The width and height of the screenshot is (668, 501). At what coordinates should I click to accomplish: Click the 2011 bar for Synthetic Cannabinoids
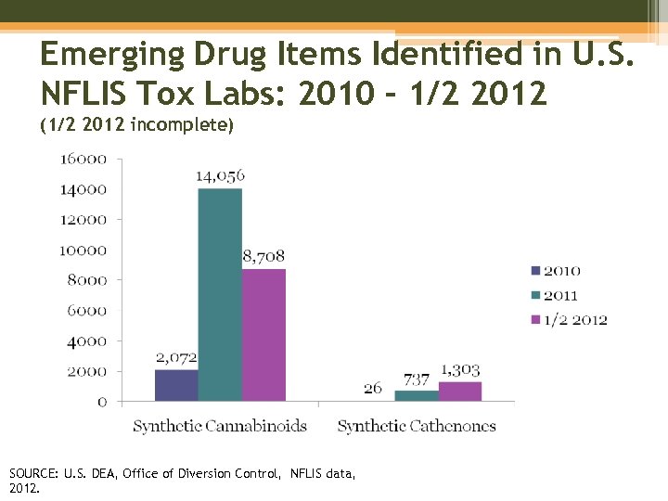[220, 294]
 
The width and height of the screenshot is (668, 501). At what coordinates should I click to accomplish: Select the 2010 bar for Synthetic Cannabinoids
[176, 385]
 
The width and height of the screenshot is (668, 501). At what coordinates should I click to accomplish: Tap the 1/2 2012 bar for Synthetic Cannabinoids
[263, 335]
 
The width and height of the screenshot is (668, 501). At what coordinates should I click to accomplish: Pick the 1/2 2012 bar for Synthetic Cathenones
[460, 392]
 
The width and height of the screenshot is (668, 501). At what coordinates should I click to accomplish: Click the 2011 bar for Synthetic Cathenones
[417, 396]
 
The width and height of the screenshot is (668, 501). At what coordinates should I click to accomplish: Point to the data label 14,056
[220, 175]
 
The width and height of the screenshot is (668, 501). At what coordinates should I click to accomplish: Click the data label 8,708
[263, 256]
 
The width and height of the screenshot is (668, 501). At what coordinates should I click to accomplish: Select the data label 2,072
[176, 357]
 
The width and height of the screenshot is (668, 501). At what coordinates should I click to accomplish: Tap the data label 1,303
[460, 370]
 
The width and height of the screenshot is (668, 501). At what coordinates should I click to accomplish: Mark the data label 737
[417, 379]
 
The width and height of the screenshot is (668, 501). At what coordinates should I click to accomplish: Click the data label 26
[373, 388]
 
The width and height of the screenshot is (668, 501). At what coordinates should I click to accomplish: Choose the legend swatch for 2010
[534, 271]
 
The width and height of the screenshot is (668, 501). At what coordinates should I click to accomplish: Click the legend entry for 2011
[561, 295]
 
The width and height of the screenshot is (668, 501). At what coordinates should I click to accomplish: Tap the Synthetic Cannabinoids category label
[219, 427]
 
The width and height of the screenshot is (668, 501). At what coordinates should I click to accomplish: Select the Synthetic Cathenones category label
[417, 427]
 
